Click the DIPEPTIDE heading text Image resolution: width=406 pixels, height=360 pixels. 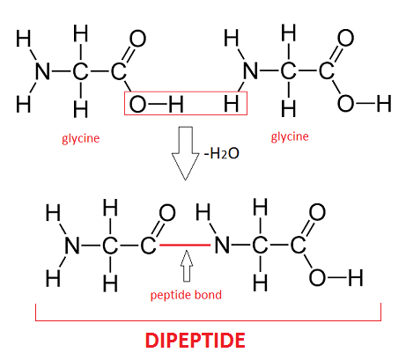click(196, 341)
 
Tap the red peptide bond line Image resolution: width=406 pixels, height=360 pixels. click(185, 245)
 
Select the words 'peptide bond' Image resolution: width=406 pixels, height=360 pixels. click(186, 295)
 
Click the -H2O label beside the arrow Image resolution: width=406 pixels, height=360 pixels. click(222, 153)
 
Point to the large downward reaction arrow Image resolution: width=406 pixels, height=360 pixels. click(185, 153)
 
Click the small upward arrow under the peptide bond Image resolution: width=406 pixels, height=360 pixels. click(187, 266)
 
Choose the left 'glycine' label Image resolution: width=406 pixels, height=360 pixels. click(81, 138)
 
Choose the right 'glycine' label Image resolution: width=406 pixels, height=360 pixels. click(290, 137)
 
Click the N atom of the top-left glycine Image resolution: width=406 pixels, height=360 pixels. click(43, 71)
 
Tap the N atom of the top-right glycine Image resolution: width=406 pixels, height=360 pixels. click(251, 70)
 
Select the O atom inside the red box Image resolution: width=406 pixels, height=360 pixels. click(137, 104)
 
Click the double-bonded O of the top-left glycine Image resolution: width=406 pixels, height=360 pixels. click(138, 39)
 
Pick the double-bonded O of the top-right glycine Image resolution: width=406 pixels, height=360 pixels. click(345, 38)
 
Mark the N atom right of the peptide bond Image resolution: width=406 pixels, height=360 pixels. click(222, 245)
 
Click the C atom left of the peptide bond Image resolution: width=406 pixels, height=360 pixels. click(148, 246)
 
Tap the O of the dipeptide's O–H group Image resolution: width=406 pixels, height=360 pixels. click(317, 277)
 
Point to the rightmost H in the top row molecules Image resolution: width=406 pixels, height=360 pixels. click(384, 104)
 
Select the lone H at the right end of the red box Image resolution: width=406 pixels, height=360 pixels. click(232, 104)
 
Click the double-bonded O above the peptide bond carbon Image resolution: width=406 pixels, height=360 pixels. click(167, 213)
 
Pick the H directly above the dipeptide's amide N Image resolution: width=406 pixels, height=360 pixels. click(203, 212)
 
